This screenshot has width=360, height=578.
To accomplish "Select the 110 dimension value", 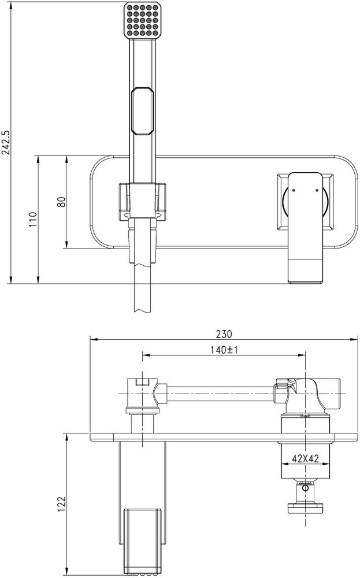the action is point(33,219).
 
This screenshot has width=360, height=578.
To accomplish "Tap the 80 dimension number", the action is point(61,202).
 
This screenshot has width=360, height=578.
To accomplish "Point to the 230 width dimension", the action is point(224,334).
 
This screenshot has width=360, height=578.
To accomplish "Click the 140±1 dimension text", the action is point(224,350).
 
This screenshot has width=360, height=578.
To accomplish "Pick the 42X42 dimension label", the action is point(306,458).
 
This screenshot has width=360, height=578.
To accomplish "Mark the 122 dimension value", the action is point(61,504).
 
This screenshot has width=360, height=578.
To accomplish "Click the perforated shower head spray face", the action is point(142,20).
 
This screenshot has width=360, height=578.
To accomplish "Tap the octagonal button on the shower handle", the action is point(142,111).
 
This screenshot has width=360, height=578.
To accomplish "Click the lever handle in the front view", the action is point(306,227).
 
